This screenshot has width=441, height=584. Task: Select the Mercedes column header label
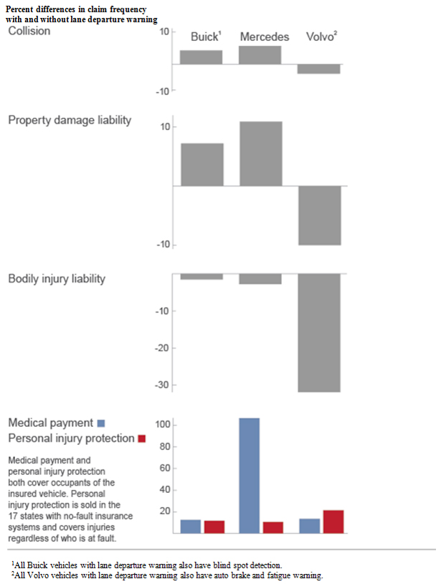265,37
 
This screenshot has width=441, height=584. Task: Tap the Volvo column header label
321,37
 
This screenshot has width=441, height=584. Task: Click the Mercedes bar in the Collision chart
260,55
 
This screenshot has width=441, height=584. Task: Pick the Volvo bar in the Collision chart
319,69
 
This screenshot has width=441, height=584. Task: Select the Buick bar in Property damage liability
201,164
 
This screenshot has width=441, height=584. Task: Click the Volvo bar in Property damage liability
319,215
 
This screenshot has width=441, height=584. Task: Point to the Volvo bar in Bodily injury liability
319,333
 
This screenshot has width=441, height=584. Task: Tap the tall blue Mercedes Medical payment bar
249,475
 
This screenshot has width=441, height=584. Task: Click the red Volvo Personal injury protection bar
333,522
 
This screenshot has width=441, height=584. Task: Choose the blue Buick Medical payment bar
190,526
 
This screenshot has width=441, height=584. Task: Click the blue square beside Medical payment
101,423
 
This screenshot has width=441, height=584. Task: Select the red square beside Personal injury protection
141,438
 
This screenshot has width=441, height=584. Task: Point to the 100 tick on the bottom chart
163,425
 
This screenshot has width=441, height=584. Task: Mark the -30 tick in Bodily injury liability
162,385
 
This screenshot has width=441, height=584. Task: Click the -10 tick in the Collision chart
163,91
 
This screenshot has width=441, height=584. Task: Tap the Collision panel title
29,32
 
